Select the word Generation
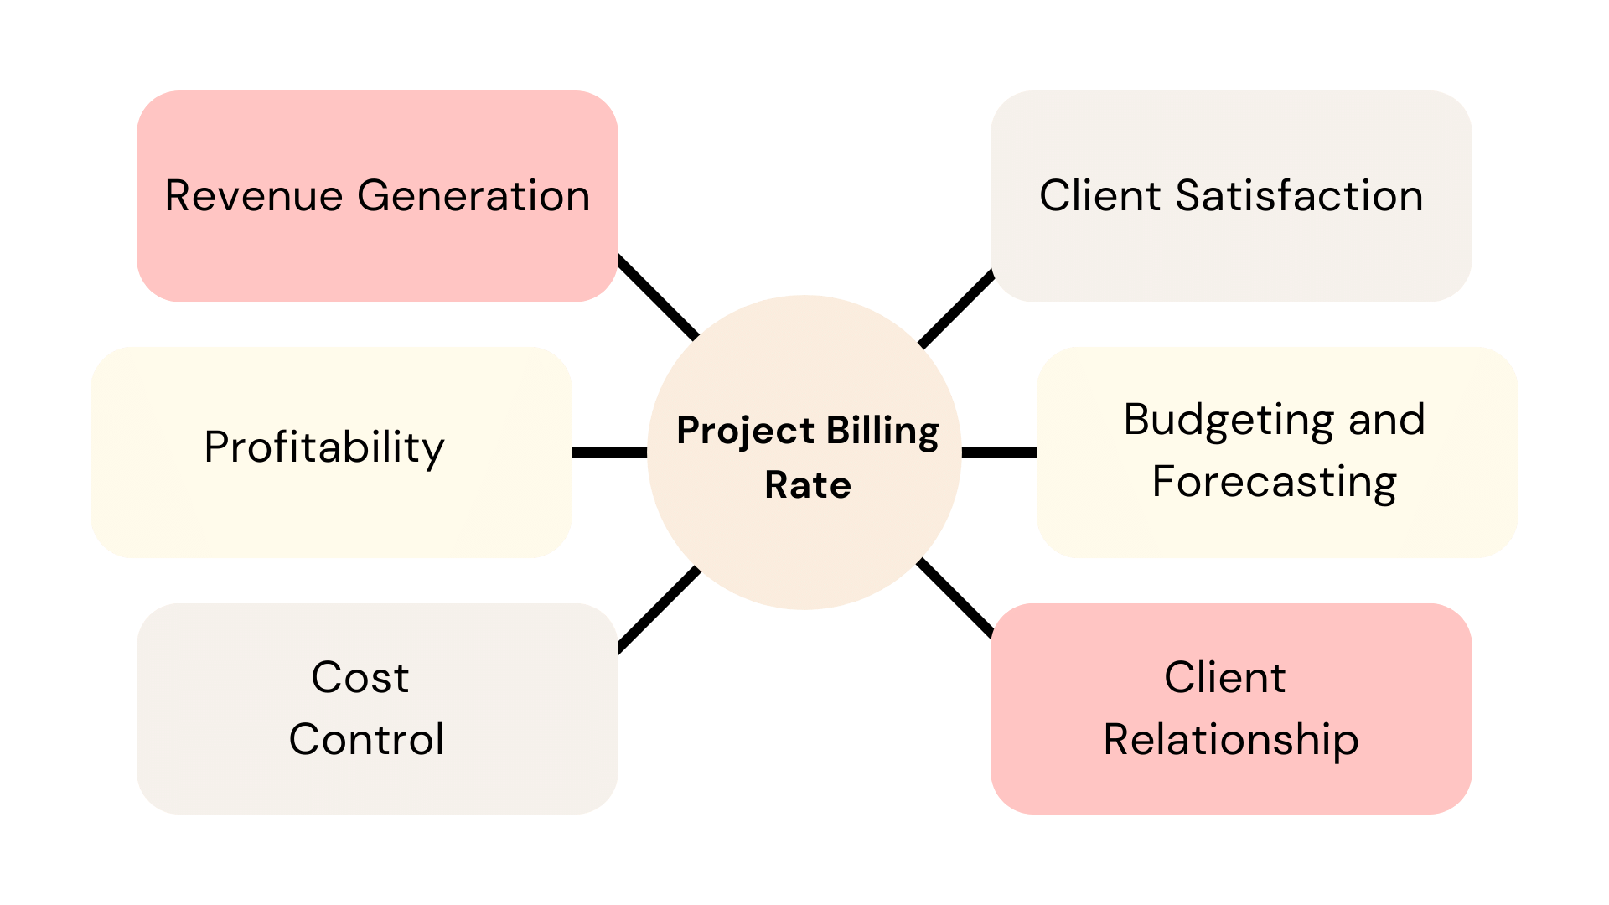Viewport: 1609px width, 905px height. pos(473,196)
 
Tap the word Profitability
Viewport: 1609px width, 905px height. pos(323,447)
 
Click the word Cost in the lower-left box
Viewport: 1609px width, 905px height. pos(360,677)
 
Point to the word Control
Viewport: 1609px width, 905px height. pos(366,739)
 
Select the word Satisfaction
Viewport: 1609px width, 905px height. pos(1299,196)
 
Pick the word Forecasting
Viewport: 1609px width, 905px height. pos(1274,482)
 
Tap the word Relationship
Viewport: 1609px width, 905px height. pos(1230,739)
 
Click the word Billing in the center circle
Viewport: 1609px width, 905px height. pos(882,431)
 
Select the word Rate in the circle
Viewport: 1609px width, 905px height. pos(808,485)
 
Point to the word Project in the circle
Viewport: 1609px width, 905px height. pos(745,431)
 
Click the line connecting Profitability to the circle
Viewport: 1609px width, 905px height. pos(609,452)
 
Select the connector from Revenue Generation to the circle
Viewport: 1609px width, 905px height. pos(658,297)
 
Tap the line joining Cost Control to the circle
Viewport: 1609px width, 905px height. pos(658,609)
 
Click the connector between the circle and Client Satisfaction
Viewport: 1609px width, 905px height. pos(956,308)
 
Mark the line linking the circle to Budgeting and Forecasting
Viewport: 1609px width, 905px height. pos(999,452)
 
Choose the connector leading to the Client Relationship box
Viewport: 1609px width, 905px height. pos(956,597)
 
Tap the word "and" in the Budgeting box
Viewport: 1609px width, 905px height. pos(1386,419)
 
